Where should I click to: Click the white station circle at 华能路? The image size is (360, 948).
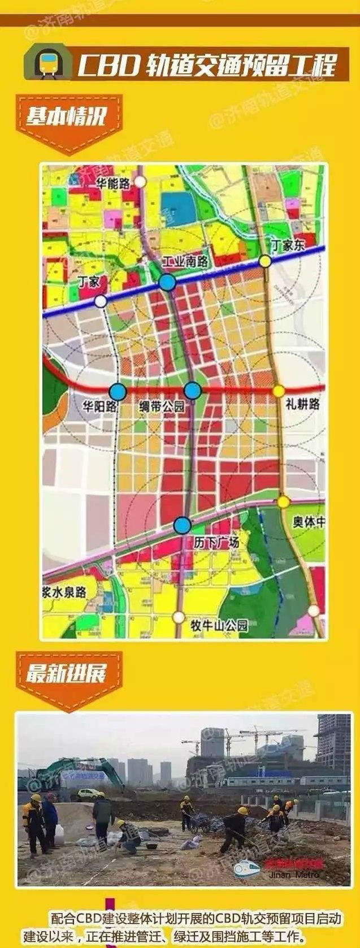(141, 181)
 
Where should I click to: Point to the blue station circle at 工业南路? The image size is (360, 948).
(167, 282)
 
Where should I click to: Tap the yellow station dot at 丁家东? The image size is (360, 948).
(264, 261)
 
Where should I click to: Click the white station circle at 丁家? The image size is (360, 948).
(101, 301)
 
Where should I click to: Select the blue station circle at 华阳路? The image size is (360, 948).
(118, 391)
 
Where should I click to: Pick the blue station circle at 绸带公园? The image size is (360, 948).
(193, 390)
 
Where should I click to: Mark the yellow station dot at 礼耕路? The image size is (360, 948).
(278, 391)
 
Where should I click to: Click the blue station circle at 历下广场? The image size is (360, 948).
(182, 525)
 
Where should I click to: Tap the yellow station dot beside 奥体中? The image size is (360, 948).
(284, 501)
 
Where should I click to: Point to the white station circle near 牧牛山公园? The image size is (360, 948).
(179, 617)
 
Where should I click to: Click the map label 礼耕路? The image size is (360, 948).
(303, 404)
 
